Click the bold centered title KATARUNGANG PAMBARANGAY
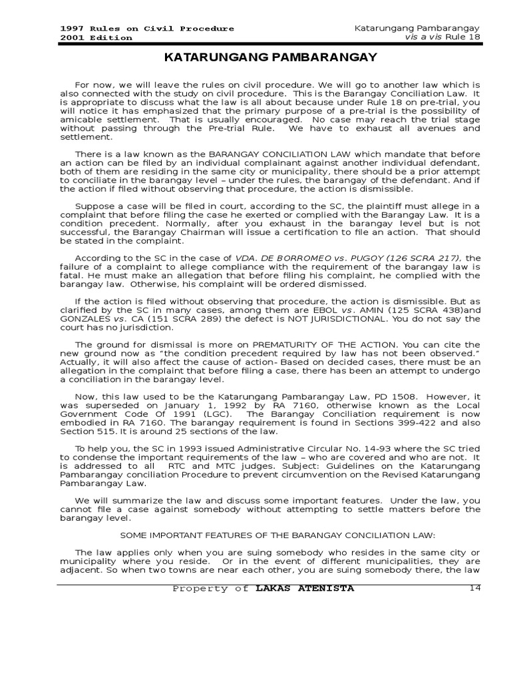[270, 58]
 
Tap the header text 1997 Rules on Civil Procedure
[147, 29]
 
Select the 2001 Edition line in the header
[96, 38]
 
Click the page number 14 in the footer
[474, 588]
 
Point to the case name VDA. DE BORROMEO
[272, 258]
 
